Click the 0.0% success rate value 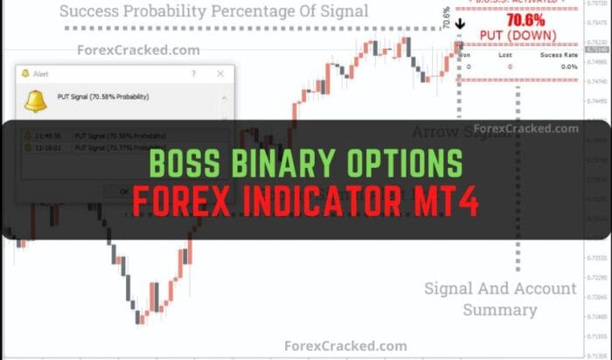click(568, 66)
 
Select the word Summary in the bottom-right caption click(500, 309)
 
